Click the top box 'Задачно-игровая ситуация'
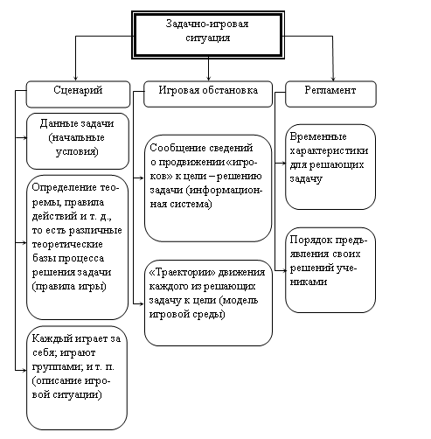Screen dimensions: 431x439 208,35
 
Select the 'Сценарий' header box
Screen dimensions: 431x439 78,94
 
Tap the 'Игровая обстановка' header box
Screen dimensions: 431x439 208,94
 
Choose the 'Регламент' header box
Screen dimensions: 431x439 330,94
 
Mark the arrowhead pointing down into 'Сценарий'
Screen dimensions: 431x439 75,79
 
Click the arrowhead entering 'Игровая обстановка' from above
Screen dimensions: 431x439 208,79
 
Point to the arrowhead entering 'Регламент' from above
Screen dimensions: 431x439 333,79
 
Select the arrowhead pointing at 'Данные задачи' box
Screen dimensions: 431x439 24,137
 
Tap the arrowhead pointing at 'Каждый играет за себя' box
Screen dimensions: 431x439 24,371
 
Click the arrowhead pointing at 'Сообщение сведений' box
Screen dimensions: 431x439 142,178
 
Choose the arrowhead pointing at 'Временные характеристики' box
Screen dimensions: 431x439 283,164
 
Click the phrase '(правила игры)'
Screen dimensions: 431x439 69,286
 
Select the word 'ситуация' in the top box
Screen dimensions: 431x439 208,38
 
